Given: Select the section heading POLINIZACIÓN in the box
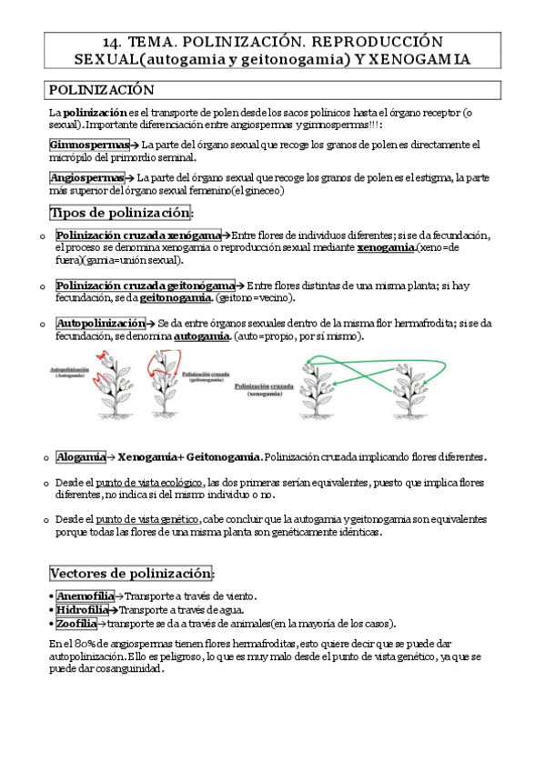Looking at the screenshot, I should pyautogui.click(x=101, y=90).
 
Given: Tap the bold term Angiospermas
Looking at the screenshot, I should pyautogui.click(x=83, y=177).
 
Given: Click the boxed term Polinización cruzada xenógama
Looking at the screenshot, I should pyautogui.click(x=138, y=235).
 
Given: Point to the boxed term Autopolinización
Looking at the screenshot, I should pyautogui.click(x=100, y=323).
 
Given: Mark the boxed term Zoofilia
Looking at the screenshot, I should pyautogui.click(x=76, y=624).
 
